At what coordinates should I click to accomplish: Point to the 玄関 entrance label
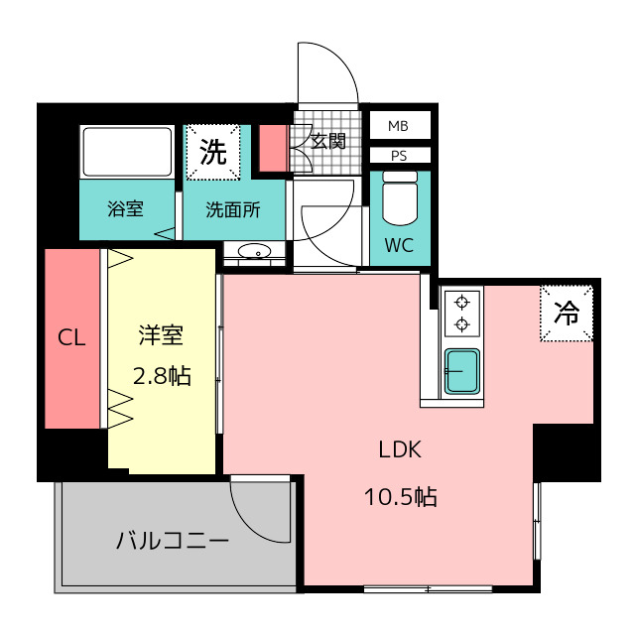328,141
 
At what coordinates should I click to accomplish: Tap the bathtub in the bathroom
127,153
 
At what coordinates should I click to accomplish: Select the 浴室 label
126,209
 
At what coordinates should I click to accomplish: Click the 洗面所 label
233,209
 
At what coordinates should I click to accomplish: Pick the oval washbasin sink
256,251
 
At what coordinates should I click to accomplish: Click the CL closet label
71,337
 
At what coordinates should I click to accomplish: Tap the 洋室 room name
161,335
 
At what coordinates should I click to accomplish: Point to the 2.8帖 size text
161,376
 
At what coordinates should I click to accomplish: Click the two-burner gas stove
461,312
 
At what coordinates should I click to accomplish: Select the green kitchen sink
461,371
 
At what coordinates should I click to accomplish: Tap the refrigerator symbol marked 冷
567,314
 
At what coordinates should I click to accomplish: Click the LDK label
400,449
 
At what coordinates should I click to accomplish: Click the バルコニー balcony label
173,542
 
